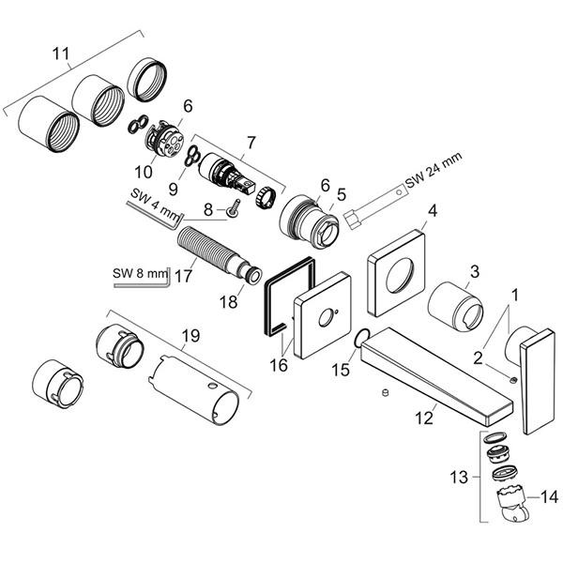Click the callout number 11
coord(61,54)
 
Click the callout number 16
coord(279,366)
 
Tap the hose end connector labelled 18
coord(251,276)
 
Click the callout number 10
coord(145,172)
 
